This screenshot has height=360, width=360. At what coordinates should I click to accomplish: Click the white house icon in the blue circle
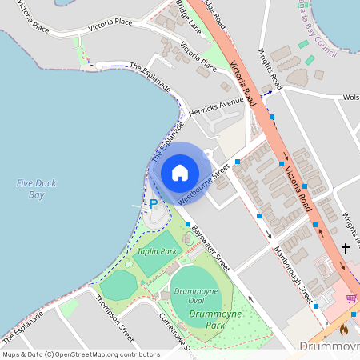(180, 173)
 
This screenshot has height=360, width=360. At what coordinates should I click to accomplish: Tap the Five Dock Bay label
(30, 189)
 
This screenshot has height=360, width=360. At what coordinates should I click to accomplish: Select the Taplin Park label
(156, 251)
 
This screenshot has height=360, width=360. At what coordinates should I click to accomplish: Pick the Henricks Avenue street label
(210, 108)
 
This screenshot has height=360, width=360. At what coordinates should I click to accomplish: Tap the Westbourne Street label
(205, 183)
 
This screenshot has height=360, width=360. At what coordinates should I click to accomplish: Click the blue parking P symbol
(154, 204)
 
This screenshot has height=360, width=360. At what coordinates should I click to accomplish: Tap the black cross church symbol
(346, 249)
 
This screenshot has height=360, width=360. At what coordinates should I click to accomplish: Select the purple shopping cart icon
(350, 298)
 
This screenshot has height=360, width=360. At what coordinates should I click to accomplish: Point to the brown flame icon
(344, 328)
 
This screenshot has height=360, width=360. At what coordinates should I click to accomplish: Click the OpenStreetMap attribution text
(81, 354)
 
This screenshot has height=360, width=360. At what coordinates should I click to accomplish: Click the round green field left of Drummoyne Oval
(119, 285)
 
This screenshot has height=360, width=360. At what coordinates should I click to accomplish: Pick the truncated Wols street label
(350, 98)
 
